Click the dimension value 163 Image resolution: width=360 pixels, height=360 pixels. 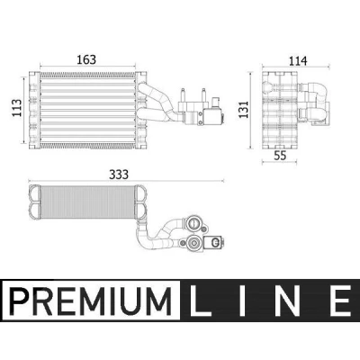pyautogui.click(x=86, y=59)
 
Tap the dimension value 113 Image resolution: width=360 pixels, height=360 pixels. pyautogui.click(x=16, y=108)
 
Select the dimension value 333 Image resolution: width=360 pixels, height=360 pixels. pyautogui.click(x=119, y=175)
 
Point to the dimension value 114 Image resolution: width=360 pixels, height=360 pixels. pyautogui.click(x=298, y=61)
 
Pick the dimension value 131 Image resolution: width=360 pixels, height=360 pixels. pyautogui.click(x=243, y=109)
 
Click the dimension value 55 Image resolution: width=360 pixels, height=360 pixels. pyautogui.click(x=280, y=156)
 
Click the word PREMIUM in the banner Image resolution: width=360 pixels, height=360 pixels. pyautogui.click(x=90, y=300)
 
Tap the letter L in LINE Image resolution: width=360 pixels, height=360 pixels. pyautogui.click(x=201, y=300)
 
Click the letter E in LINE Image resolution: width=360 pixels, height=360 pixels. pyautogui.click(x=340, y=300)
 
